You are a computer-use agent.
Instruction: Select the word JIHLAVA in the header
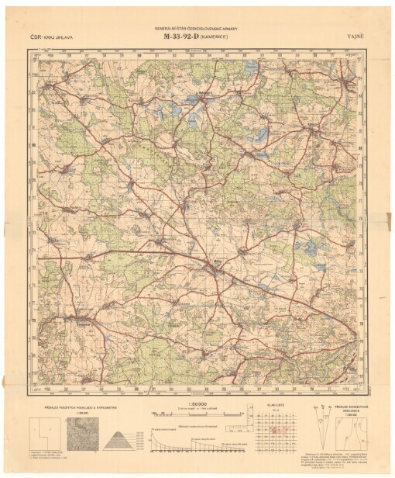pos(65,36)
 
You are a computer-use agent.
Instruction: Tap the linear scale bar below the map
pos(198,414)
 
